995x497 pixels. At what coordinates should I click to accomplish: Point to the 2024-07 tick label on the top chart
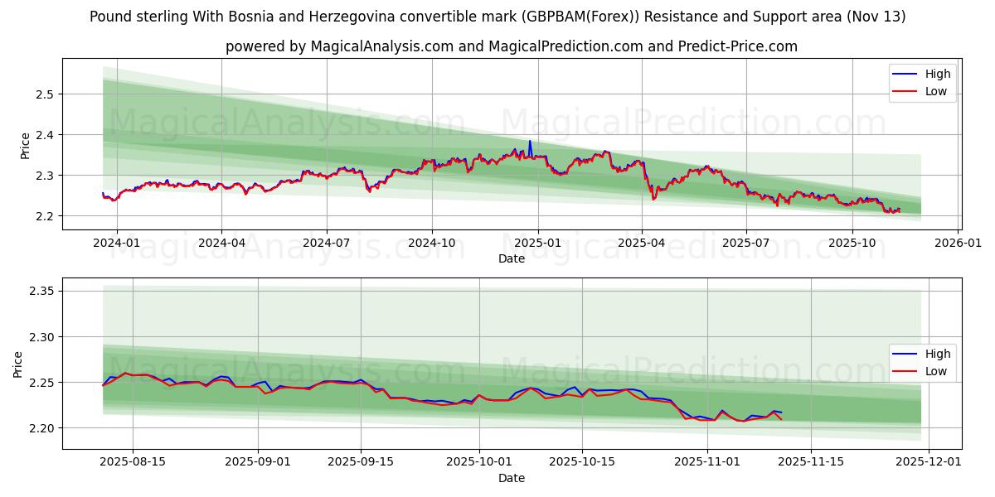(326, 242)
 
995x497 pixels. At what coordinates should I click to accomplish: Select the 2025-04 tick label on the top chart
(642, 242)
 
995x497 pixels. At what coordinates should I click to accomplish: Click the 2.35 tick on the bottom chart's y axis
(40, 291)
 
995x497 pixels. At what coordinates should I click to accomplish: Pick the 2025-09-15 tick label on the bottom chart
(361, 461)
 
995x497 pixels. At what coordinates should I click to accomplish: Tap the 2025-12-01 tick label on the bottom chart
(929, 461)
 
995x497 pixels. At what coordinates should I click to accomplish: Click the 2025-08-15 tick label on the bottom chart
(133, 461)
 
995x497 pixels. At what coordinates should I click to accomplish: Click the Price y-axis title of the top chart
(25, 145)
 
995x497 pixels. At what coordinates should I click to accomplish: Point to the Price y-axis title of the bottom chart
(18, 364)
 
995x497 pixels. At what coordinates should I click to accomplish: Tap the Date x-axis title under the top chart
(512, 258)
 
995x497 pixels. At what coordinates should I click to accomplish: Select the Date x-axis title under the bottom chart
(512, 478)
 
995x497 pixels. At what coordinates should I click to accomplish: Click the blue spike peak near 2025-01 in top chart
(530, 141)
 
